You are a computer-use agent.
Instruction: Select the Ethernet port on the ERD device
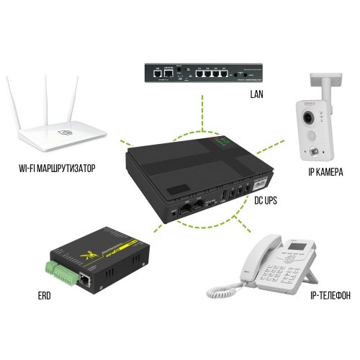[86, 277]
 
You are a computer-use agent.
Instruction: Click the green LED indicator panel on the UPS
[224, 145]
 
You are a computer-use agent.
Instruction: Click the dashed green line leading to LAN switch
[189, 108]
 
